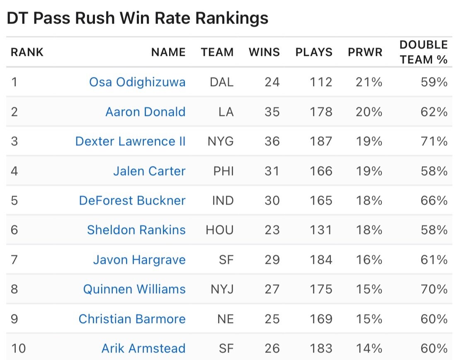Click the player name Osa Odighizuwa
pyautogui.click(x=137, y=82)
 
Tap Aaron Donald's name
pyautogui.click(x=145, y=112)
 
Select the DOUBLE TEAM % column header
pyautogui.click(x=423, y=52)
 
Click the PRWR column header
pyautogui.click(x=365, y=52)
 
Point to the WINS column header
pyautogui.click(x=264, y=52)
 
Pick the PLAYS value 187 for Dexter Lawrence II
pyautogui.click(x=321, y=141)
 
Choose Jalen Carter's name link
pyautogui.click(x=149, y=171)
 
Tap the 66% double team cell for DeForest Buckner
pyautogui.click(x=434, y=201)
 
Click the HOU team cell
pyautogui.click(x=220, y=230)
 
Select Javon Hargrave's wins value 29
pyautogui.click(x=272, y=260)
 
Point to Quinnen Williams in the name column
pyautogui.click(x=134, y=289)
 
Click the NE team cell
pyautogui.click(x=225, y=319)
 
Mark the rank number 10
pyautogui.click(x=18, y=348)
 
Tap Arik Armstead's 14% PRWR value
pyautogui.click(x=369, y=348)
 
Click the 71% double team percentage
pyautogui.click(x=434, y=141)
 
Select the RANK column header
pyautogui.click(x=27, y=52)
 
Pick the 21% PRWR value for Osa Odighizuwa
pyautogui.click(x=369, y=82)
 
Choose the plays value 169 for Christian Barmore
pyautogui.click(x=321, y=319)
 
